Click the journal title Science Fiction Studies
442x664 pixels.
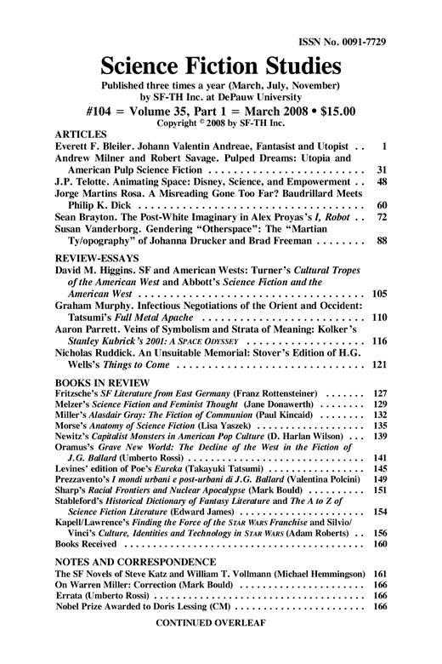[x=221, y=66]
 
